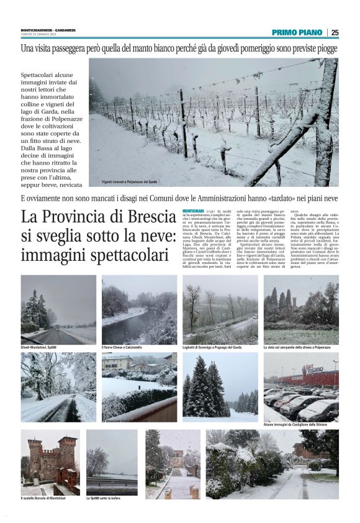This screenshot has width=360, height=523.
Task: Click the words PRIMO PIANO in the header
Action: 297,33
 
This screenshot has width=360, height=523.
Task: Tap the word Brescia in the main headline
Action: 145,217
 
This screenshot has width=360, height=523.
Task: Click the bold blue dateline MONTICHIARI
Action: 193,212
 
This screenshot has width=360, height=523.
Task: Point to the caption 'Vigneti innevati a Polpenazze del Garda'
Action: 129,182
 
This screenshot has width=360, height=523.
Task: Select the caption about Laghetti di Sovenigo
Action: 212,347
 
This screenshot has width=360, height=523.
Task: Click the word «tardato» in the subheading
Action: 268,199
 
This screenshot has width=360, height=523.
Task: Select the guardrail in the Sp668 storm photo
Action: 112,481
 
